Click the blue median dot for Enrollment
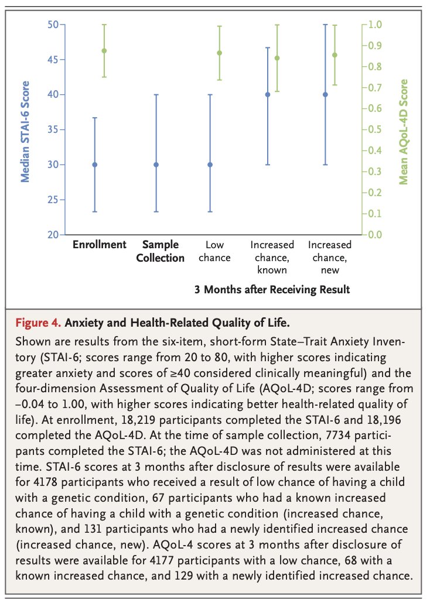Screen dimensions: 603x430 pyautogui.click(x=95, y=165)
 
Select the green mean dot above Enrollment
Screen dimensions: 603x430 pyautogui.click(x=104, y=51)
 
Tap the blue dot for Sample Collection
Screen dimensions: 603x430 pyautogui.click(x=156, y=165)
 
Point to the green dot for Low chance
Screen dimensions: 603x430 pyautogui.click(x=220, y=53)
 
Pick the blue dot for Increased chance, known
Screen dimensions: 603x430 pyautogui.click(x=268, y=94)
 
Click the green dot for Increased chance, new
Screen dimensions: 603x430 pyautogui.click(x=335, y=55)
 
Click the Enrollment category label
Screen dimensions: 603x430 pyautogui.click(x=99, y=245)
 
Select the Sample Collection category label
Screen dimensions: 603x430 pyautogui.click(x=160, y=251)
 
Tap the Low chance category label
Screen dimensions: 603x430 pyautogui.click(x=218, y=251)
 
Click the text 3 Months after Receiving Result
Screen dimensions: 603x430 pyautogui.click(x=272, y=289)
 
